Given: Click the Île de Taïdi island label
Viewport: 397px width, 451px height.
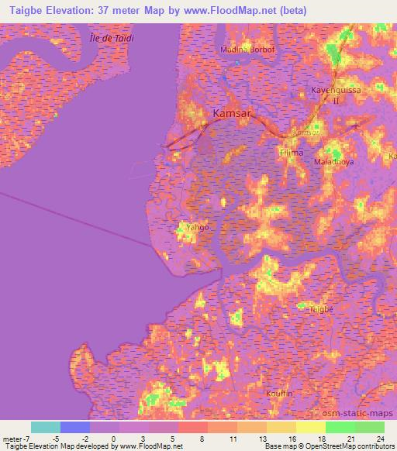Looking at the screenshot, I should tap(112, 36).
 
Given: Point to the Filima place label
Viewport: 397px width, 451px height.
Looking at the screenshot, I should tap(292, 153).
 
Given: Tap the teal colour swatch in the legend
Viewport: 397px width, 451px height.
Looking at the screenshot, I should tap(46, 427).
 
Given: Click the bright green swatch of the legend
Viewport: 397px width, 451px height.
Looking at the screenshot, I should tap(340, 427).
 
